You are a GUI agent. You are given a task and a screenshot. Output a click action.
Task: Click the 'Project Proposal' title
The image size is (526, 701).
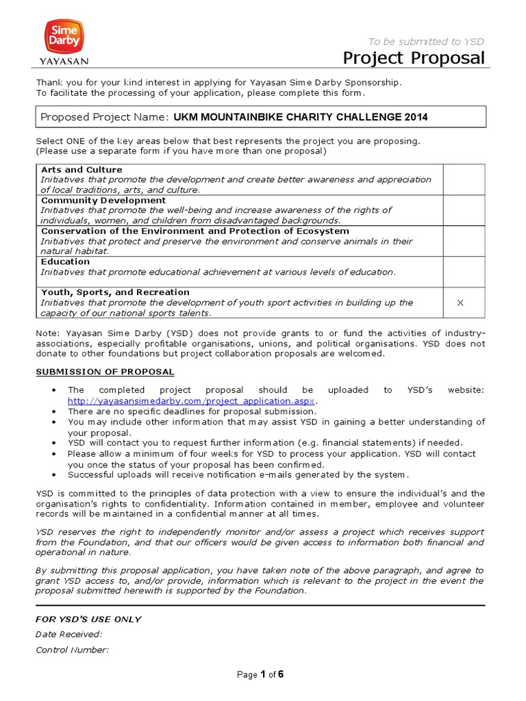pos(414,58)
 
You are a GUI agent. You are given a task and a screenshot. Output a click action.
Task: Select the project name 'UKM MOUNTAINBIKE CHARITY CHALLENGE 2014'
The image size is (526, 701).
pos(301,117)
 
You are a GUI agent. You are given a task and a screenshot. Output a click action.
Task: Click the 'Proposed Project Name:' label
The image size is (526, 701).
pos(104,117)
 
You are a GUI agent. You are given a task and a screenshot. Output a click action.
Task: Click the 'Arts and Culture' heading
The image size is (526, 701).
pos(82,169)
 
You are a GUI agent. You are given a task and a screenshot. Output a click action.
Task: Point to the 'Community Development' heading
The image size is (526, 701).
pos(103,200)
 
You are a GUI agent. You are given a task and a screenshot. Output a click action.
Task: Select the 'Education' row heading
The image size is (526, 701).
pos(66,262)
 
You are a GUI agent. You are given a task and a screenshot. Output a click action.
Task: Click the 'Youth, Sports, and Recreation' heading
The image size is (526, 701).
pos(115,292)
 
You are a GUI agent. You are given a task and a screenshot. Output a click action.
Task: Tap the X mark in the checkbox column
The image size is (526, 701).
pos(460,303)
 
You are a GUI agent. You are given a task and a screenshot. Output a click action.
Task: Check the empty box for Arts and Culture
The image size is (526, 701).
pos(464,179)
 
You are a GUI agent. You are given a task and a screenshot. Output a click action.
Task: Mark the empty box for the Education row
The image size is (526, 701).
pos(464,272)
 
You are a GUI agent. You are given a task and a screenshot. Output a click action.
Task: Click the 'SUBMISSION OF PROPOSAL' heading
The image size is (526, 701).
pos(105,372)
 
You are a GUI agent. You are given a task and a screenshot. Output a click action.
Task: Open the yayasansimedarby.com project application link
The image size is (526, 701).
pos(191,400)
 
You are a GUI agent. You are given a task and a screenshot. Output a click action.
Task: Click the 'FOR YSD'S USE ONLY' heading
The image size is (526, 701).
pos(88,619)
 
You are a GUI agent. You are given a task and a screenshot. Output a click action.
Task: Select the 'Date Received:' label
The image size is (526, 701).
pos(68,635)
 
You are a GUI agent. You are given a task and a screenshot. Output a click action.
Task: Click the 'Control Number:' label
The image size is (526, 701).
pos(72,650)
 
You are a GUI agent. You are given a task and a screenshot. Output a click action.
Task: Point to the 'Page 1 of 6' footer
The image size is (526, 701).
pos(260,674)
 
